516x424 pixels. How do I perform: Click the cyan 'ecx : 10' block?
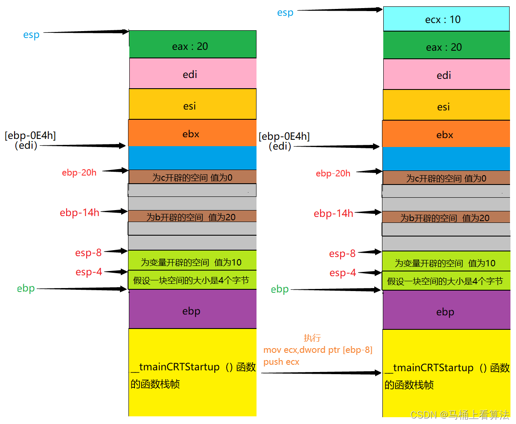[x=446, y=19]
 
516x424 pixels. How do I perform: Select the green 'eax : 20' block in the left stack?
[x=192, y=44]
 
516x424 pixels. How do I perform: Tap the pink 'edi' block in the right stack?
[x=446, y=75]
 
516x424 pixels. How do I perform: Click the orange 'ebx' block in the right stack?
[x=446, y=134]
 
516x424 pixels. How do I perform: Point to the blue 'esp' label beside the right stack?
[x=285, y=12]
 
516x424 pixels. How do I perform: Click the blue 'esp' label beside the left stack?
[x=31, y=35]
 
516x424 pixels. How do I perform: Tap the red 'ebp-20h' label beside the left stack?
[x=79, y=173]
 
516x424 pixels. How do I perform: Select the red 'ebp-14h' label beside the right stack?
[x=333, y=213]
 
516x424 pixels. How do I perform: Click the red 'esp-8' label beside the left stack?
[x=88, y=253]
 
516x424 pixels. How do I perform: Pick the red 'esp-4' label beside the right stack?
[x=342, y=273]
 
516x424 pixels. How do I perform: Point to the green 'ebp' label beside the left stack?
[x=26, y=288]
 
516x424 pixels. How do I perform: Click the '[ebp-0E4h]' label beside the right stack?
[x=284, y=136]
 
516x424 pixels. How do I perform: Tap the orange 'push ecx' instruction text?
[x=281, y=362]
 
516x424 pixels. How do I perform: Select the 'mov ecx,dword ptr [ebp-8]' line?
[x=318, y=350]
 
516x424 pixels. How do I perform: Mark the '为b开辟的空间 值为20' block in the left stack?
[x=192, y=216]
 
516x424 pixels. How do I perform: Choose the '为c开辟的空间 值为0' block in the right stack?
[x=446, y=178]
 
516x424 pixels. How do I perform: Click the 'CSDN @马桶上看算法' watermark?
[x=460, y=415]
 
